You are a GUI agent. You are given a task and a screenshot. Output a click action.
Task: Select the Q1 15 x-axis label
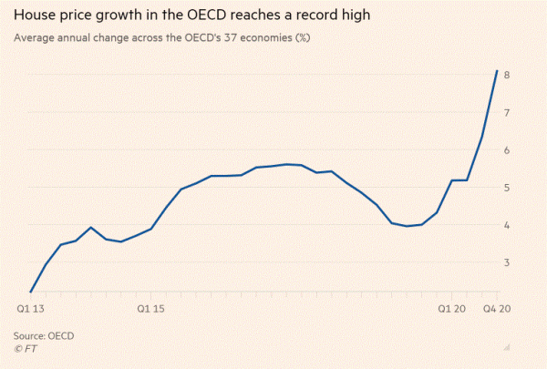coord(150,309)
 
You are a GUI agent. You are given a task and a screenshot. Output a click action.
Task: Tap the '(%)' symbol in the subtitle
coord(315,39)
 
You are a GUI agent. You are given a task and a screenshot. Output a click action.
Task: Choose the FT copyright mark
coord(26,348)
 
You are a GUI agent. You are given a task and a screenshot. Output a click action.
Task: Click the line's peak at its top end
coord(496,70)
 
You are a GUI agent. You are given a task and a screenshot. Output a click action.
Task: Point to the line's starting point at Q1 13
coord(30,292)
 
